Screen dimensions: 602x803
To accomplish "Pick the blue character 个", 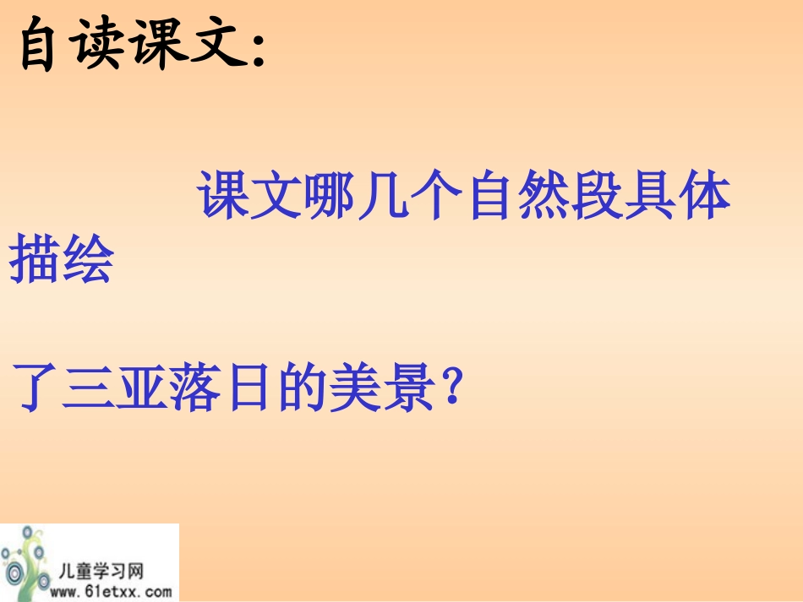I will click(438, 198).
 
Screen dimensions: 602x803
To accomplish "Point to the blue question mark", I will click(453, 388).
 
